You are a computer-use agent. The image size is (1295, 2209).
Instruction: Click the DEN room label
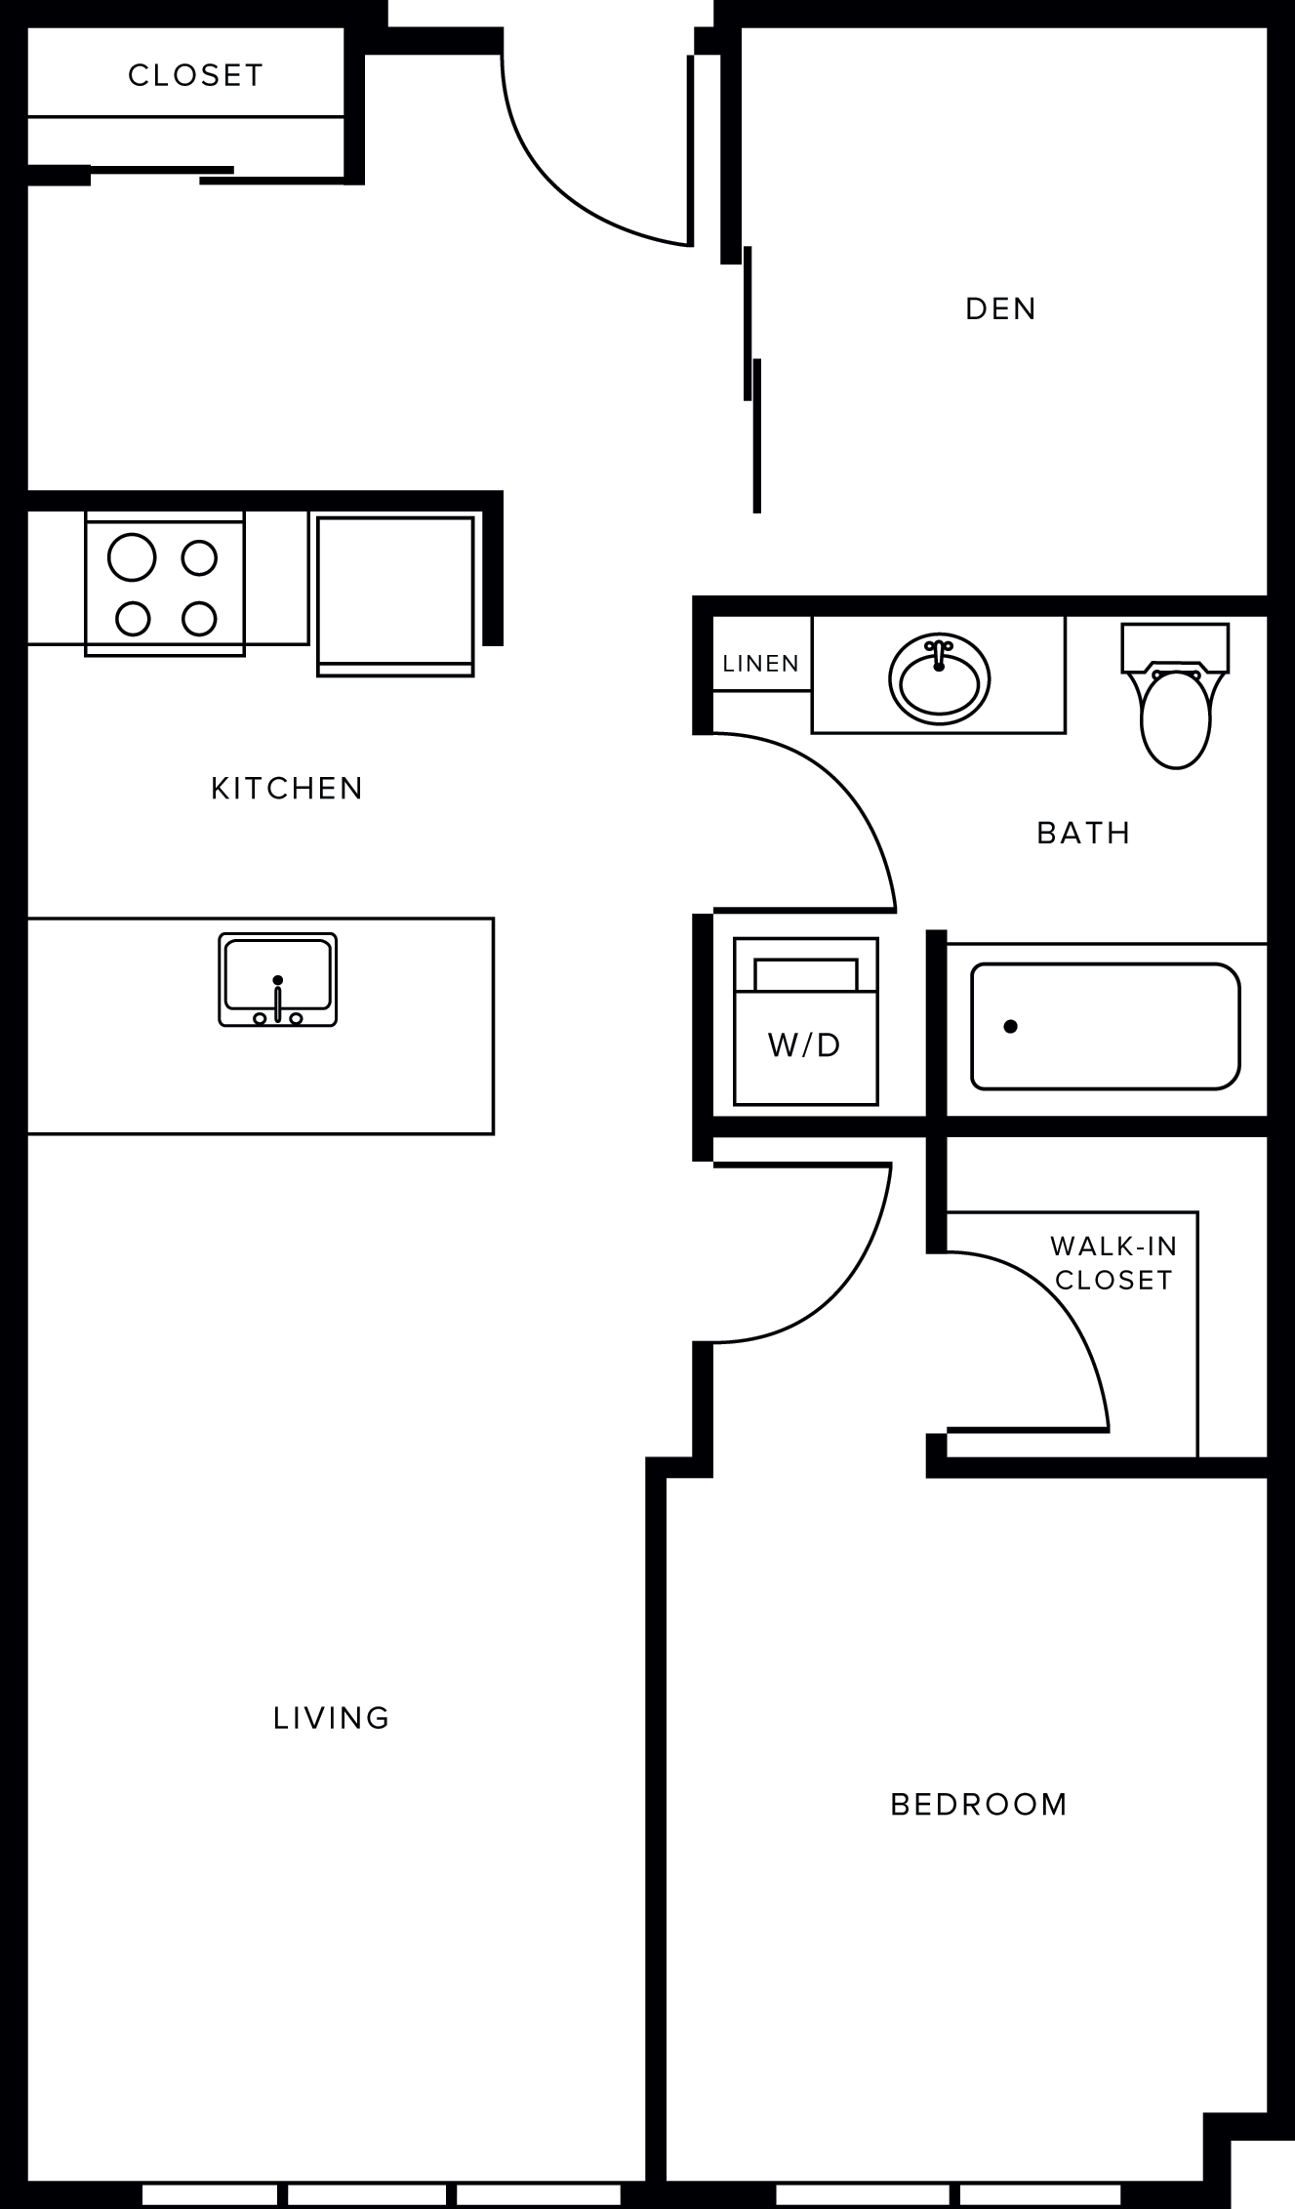[x=1000, y=308]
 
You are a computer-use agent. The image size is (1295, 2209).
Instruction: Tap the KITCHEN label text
[x=287, y=788]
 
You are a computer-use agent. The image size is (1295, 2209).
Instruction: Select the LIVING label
[x=332, y=1717]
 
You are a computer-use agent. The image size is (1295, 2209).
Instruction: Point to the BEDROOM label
[x=979, y=1804]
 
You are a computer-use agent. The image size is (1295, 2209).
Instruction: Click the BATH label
[x=1083, y=833]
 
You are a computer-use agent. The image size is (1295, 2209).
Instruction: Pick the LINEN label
[x=761, y=664]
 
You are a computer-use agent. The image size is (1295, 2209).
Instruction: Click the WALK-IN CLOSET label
[x=1113, y=1262]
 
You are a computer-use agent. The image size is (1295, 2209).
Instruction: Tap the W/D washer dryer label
[x=804, y=1045]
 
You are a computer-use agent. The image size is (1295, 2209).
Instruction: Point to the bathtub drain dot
[x=1011, y=1026]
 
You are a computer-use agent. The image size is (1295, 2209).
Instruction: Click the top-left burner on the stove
[x=132, y=557]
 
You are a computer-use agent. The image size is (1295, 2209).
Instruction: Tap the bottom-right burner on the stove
[x=199, y=618]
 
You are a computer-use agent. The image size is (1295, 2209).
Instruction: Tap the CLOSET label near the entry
[x=196, y=75]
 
